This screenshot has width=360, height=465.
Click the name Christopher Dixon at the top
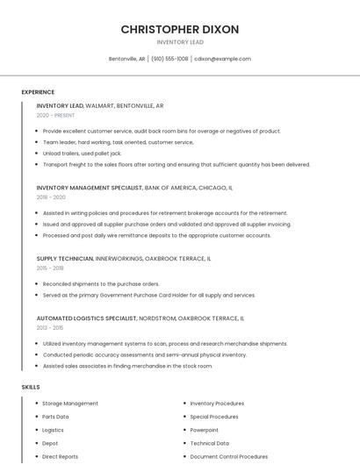point(179,29)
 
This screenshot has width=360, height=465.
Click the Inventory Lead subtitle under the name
point(179,42)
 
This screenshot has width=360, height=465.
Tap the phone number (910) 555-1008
point(169,59)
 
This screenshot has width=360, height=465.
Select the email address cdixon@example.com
point(222,59)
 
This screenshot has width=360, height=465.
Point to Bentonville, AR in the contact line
point(126,59)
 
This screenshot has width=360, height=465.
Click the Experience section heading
point(38,92)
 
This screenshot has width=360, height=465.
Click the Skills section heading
point(31,387)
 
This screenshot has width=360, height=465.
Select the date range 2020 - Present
point(55,115)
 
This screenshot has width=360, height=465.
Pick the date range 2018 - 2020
point(51,197)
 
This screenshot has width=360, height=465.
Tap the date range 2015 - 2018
point(50,268)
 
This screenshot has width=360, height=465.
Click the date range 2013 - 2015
point(50,327)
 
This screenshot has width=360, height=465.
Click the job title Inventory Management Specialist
point(90,188)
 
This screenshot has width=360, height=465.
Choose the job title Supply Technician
point(64,259)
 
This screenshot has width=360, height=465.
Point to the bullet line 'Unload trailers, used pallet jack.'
point(82,153)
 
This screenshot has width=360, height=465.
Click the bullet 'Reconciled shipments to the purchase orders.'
point(101,284)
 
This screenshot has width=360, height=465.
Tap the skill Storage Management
point(70,404)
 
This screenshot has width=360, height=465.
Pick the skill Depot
point(50,443)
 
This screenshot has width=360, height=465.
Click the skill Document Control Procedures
point(229,456)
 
